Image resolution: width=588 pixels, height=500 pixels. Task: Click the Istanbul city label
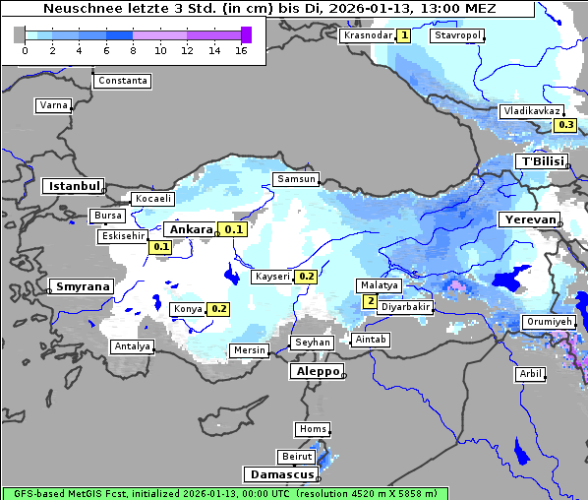click(74, 186)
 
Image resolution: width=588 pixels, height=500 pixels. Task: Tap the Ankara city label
click(190, 229)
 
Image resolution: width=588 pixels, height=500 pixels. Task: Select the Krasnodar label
click(367, 35)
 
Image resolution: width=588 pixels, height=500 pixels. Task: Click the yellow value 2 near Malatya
click(370, 301)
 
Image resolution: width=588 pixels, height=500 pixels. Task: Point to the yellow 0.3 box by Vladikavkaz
click(565, 125)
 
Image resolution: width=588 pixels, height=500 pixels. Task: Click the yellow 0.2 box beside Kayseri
click(306, 277)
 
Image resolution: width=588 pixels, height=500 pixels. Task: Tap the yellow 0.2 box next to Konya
click(218, 309)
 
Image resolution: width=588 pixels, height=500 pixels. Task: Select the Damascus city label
click(280, 474)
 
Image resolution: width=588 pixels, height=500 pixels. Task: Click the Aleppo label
click(316, 372)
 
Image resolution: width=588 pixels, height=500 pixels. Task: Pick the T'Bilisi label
click(542, 161)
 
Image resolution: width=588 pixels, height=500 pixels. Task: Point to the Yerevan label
click(528, 219)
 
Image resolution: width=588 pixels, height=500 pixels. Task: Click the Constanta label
click(124, 81)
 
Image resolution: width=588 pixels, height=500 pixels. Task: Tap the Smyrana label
click(83, 286)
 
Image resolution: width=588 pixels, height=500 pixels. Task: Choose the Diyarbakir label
click(406, 307)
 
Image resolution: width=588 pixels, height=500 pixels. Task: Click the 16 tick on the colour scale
click(241, 51)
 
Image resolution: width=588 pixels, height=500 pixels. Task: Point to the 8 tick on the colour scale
click(133, 51)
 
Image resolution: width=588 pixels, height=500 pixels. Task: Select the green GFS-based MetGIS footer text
click(224, 493)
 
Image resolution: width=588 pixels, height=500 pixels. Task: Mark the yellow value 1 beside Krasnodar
click(404, 35)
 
